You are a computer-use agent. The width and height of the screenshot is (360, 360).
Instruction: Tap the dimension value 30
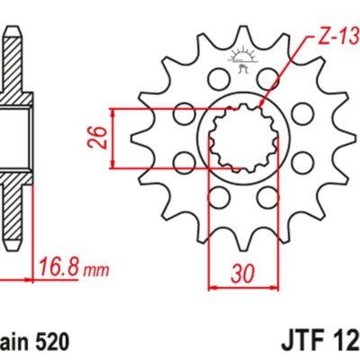pos(238,271)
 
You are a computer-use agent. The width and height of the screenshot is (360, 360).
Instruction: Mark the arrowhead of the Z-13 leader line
pos(262,106)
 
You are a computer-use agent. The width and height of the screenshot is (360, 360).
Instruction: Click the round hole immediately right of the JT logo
pos(266,85)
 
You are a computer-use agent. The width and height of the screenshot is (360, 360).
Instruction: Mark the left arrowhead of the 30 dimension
pos(213,289)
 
